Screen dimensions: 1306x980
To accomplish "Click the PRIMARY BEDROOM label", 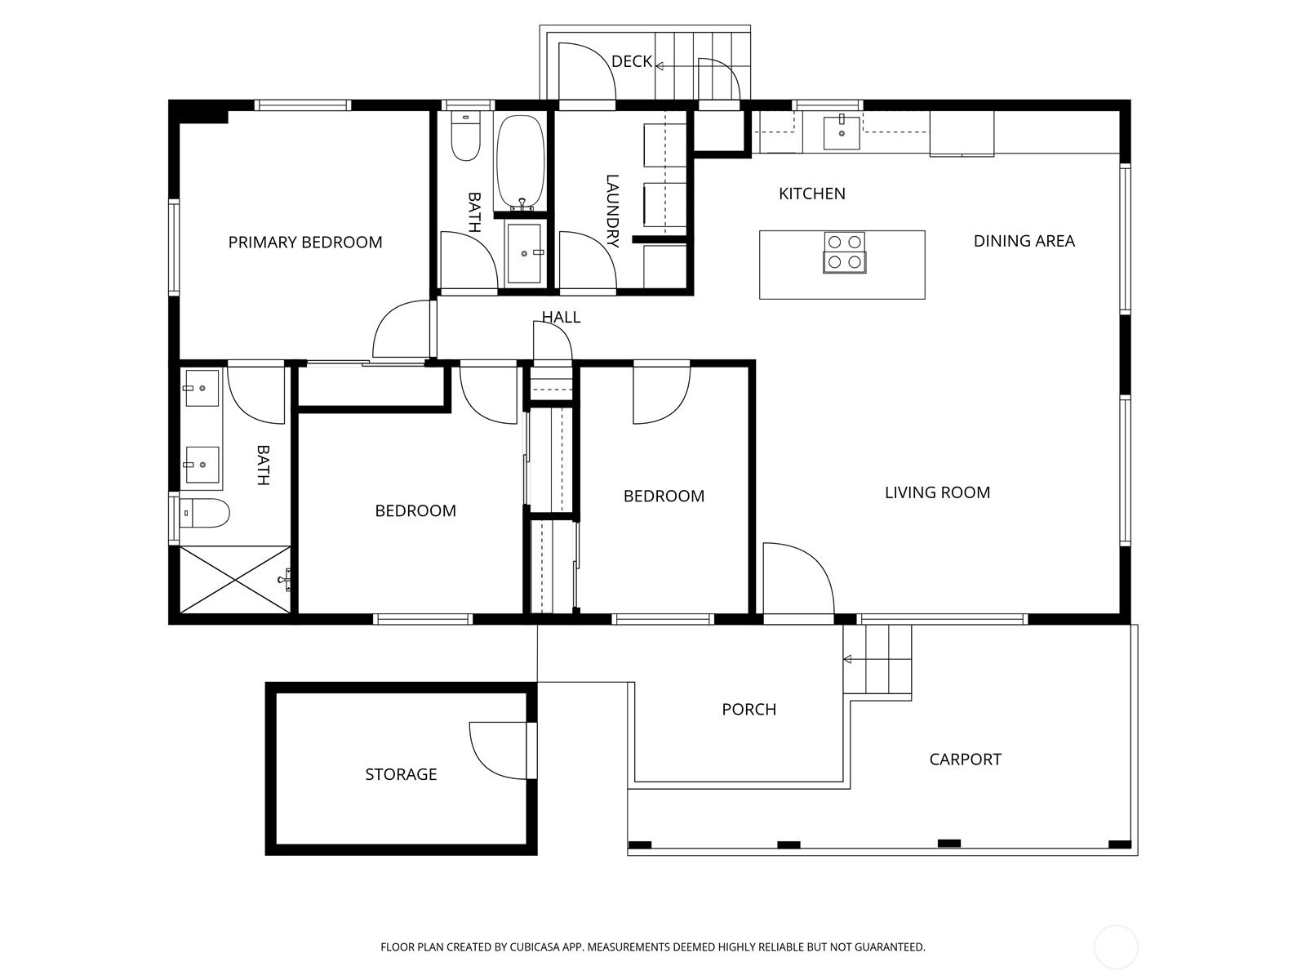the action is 305,243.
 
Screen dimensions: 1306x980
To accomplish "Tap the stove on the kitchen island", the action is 844,252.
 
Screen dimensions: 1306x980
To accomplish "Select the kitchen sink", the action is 842,132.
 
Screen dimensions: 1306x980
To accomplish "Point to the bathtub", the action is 520,163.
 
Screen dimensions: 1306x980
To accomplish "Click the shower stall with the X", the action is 235,579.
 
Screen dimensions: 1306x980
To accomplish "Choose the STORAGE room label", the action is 401,774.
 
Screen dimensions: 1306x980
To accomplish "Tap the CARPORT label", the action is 965,759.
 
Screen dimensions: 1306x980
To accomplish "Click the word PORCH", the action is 749,709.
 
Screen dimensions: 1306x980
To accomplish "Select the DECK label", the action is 632,61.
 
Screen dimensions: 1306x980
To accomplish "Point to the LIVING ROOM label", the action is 937,492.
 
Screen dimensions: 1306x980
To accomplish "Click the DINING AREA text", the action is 1024,241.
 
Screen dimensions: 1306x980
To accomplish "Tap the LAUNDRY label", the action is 612,211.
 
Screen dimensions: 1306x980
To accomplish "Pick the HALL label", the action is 561,317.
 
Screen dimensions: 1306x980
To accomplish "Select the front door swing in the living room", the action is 815,565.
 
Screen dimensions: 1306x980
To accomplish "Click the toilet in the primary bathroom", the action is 205,513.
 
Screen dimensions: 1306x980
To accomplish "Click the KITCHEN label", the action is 812,194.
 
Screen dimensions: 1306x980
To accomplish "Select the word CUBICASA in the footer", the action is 535,947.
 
